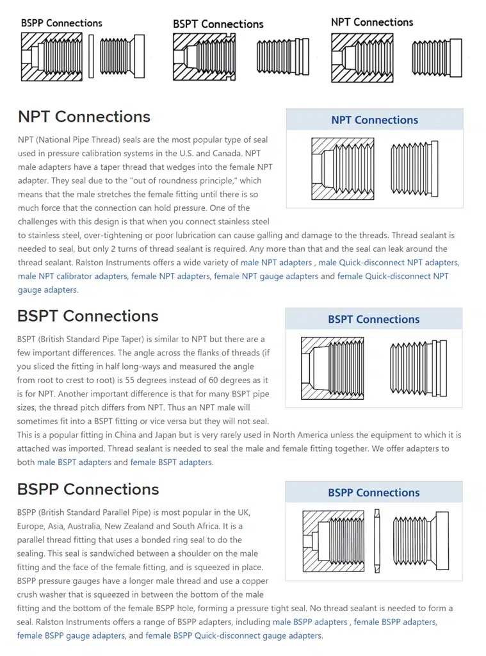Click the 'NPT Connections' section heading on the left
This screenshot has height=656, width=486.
tap(84, 117)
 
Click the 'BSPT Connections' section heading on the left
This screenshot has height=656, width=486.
tap(88, 316)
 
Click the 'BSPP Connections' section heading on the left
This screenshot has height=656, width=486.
tap(88, 489)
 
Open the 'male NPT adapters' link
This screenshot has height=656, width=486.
tap(276, 263)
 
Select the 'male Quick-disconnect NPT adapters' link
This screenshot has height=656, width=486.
tap(388, 263)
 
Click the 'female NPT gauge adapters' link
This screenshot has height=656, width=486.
tap(266, 276)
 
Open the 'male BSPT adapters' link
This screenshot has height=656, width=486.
tap(74, 463)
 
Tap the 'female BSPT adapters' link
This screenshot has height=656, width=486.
tap(171, 463)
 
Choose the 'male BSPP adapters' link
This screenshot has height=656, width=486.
tap(310, 622)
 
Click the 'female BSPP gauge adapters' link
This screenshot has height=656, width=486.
tap(71, 635)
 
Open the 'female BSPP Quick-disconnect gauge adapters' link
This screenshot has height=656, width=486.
tap(233, 635)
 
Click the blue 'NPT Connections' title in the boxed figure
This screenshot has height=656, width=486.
tap(375, 120)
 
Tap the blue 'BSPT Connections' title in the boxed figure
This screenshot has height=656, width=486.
tap(374, 319)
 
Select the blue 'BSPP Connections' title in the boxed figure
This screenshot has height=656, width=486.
tap(374, 493)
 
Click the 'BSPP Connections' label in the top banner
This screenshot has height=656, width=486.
tap(61, 23)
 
